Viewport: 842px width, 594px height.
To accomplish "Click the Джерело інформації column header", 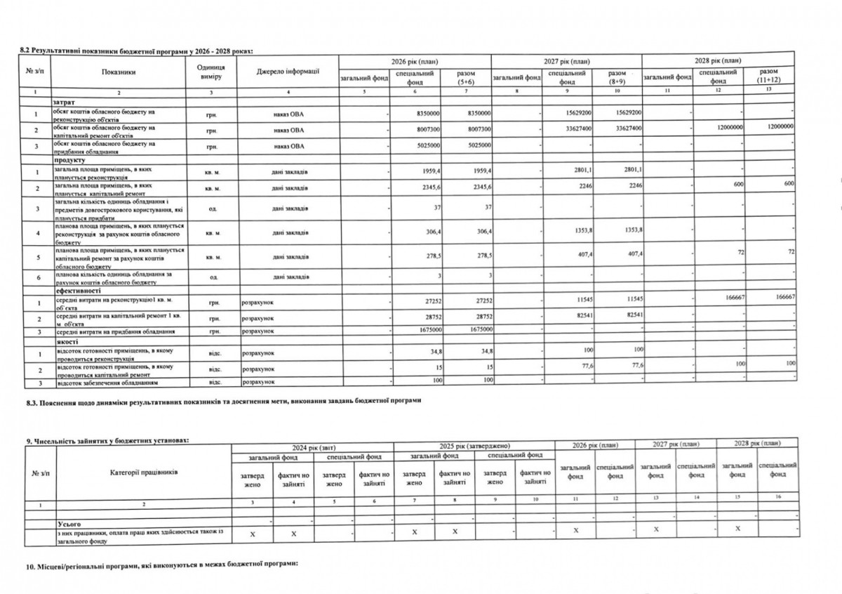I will pyautogui.click(x=288, y=71).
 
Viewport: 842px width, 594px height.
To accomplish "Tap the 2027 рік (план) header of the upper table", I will pyautogui.click(x=566, y=62).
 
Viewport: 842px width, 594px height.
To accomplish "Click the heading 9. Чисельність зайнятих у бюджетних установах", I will pyautogui.click(x=108, y=440).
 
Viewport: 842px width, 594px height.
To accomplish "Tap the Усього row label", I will pyautogui.click(x=65, y=524).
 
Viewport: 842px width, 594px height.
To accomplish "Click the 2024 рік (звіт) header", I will pyautogui.click(x=313, y=447).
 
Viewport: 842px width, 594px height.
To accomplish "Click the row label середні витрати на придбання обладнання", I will pyautogui.click(x=112, y=330).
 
